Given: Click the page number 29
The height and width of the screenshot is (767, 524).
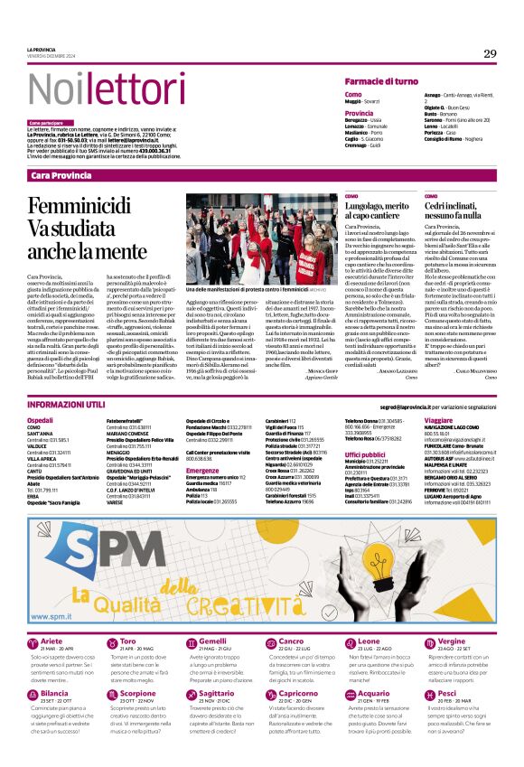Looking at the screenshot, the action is point(490,54).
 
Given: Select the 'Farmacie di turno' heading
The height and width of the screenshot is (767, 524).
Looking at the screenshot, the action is point(386,81).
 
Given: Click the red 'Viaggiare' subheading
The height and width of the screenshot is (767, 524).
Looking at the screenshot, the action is point(438,396).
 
